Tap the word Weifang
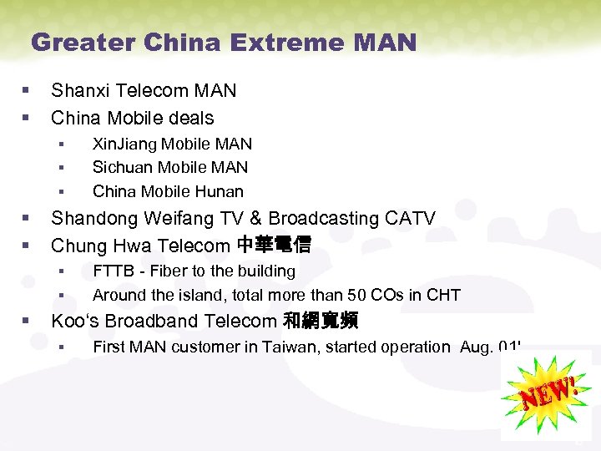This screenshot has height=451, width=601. coord(174,219)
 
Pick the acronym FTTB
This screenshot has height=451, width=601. coord(111,271)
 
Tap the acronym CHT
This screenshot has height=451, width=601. coord(442,295)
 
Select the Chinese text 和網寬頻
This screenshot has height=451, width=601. coord(320,321)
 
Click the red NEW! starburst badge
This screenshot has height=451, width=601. coord(547,394)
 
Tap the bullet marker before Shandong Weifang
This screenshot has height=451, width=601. coord(28,219)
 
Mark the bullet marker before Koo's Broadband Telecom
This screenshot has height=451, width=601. coord(28,321)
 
